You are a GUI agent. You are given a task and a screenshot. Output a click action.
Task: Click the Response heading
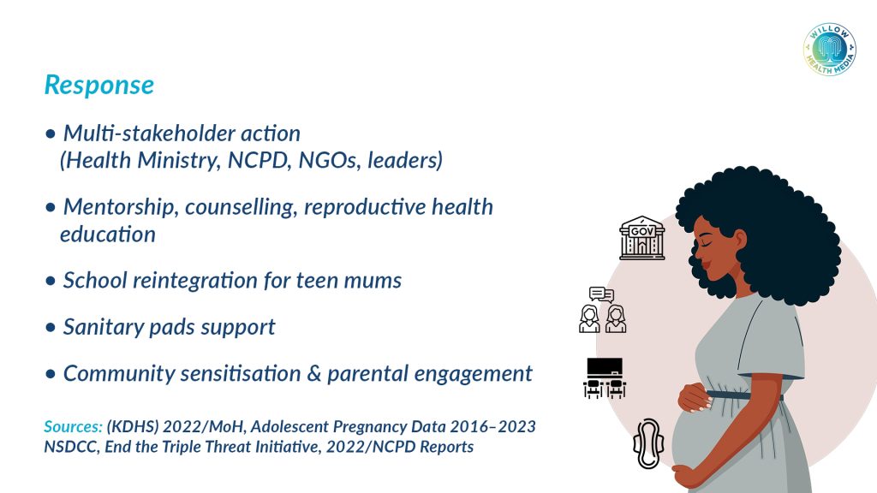point(99,86)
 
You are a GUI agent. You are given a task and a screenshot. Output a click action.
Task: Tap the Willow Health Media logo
point(829,50)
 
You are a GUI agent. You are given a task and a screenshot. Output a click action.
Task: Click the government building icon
point(642,238)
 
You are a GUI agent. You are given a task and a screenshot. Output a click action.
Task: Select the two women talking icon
point(602,310)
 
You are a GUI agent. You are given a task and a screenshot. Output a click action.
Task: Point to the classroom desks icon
point(605,378)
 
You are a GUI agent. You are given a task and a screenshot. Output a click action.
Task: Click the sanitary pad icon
point(648,444)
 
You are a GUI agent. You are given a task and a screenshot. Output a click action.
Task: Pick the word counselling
point(241,207)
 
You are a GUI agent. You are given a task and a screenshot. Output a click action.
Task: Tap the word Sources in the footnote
point(74,426)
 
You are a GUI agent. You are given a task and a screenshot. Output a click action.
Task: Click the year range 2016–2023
point(492,426)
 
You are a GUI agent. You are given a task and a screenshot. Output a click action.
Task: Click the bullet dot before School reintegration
point(51,281)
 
